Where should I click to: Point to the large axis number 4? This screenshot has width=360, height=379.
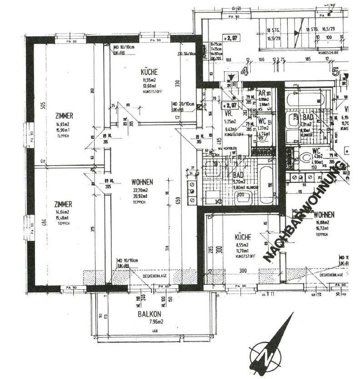tap(245, 71)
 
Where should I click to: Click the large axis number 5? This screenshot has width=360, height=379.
tap(336, 71)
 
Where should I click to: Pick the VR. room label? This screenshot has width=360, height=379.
tap(229, 114)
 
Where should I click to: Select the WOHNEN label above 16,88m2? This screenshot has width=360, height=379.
tap(325, 214)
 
